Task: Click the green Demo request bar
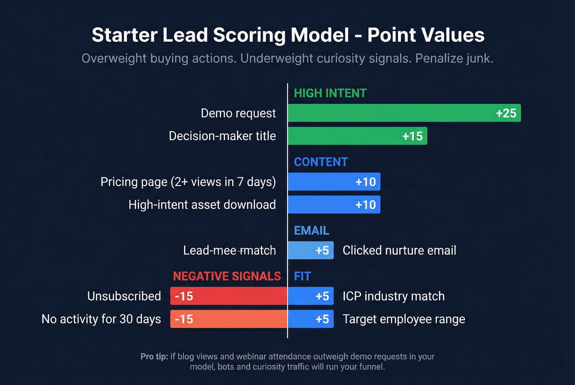pyautogui.click(x=404, y=113)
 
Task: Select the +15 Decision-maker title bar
pyautogui.click(x=357, y=136)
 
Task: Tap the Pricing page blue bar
pyautogui.click(x=334, y=182)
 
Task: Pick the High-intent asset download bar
pyautogui.click(x=334, y=205)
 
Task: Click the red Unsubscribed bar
pyautogui.click(x=229, y=296)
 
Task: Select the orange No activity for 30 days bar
pyautogui.click(x=229, y=319)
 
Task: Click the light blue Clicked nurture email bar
pyautogui.click(x=310, y=251)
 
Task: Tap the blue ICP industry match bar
pyautogui.click(x=310, y=296)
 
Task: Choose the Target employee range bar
pyautogui.click(x=310, y=319)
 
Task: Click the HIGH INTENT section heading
pyautogui.click(x=330, y=93)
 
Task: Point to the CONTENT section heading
pyautogui.click(x=321, y=162)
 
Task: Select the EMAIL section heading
pyautogui.click(x=311, y=231)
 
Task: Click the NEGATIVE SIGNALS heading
pyautogui.click(x=227, y=276)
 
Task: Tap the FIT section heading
pyautogui.click(x=302, y=276)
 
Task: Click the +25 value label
pyautogui.click(x=506, y=113)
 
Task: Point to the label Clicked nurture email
pyautogui.click(x=399, y=251)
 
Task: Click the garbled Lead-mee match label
pyautogui.click(x=229, y=251)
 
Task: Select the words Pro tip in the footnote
pyautogui.click(x=154, y=357)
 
